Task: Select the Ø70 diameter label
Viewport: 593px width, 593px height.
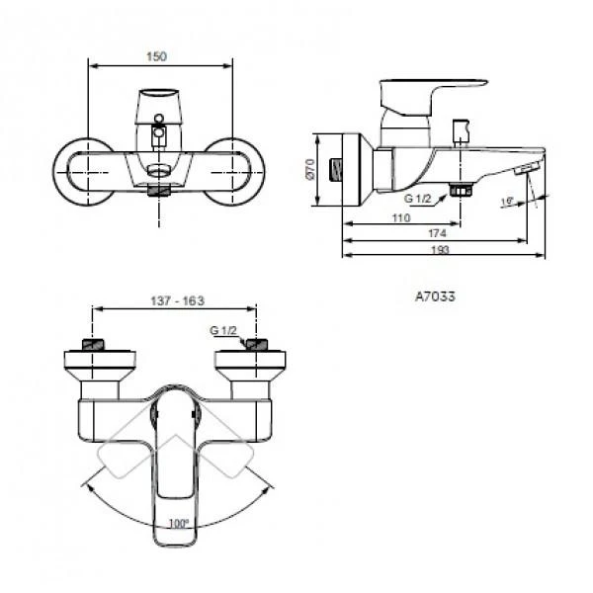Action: tap(309, 170)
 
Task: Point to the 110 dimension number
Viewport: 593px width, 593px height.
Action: tap(400, 216)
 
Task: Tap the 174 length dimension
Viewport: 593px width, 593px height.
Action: tap(436, 234)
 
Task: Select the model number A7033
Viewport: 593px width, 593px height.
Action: tap(435, 295)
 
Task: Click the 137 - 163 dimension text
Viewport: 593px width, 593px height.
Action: tap(174, 300)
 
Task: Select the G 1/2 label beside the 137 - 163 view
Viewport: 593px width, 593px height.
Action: tap(223, 330)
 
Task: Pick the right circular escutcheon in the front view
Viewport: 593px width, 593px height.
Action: tap(237, 170)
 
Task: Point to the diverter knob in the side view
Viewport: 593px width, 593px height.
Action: tap(459, 131)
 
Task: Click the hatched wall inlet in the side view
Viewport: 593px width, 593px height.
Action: tap(341, 169)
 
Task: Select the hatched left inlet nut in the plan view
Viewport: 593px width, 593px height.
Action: tap(92, 345)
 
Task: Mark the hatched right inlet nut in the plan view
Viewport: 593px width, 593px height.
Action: tap(256, 345)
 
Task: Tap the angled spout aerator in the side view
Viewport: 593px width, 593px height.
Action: tap(524, 170)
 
